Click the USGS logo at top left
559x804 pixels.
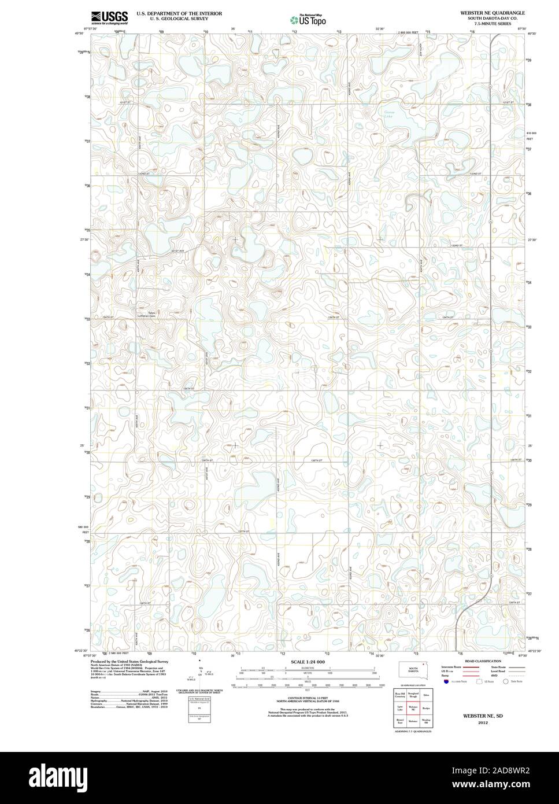109,17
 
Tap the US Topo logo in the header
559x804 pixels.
308,19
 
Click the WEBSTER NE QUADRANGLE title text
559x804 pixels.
493,12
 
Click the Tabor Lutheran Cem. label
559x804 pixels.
151,315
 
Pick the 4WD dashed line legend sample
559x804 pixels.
516,675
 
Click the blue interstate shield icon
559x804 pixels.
446,682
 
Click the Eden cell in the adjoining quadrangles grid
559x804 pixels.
427,695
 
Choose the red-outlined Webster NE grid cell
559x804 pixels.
413,708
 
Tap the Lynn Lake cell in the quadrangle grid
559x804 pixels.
399,708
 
